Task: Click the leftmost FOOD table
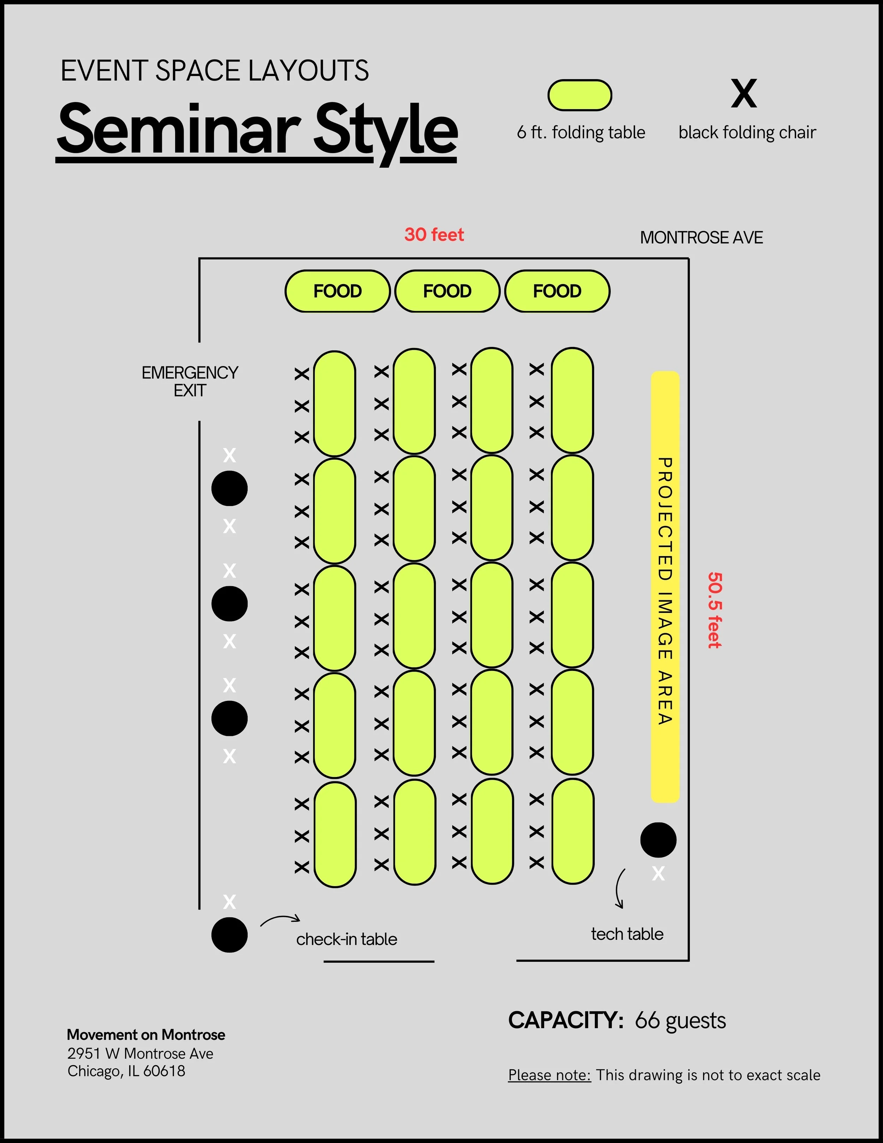(x=337, y=291)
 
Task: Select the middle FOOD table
(x=447, y=291)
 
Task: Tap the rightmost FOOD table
(x=557, y=291)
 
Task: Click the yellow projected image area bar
(x=665, y=586)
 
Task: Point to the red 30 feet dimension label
(x=434, y=235)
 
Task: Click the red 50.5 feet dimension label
(x=715, y=610)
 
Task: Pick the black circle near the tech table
(x=658, y=840)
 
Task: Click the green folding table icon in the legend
(x=580, y=95)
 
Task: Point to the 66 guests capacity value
(x=680, y=1020)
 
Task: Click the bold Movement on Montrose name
(x=146, y=1035)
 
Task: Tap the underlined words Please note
(x=549, y=1075)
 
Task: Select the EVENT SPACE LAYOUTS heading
(x=214, y=71)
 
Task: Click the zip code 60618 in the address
(x=164, y=1071)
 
